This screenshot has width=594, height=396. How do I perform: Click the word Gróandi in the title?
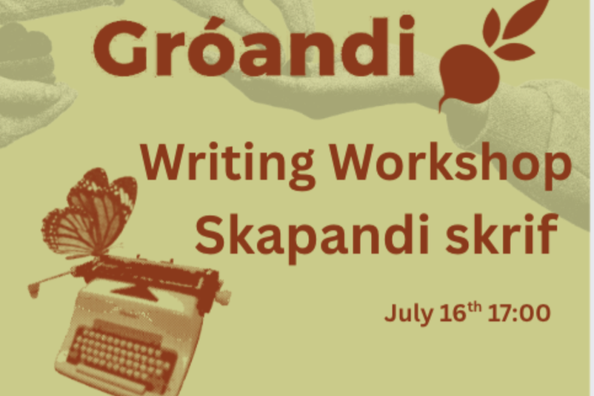(x=254, y=46)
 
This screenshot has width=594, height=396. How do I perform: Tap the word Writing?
(x=228, y=166)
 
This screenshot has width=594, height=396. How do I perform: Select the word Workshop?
(x=450, y=166)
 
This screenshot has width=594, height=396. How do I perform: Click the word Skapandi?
(x=312, y=236)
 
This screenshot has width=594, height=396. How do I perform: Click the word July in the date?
(x=409, y=314)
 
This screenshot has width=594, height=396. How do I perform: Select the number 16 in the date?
(x=452, y=313)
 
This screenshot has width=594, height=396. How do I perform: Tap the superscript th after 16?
(x=474, y=307)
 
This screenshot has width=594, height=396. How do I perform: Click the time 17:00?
(x=519, y=313)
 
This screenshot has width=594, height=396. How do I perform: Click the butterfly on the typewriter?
(x=89, y=215)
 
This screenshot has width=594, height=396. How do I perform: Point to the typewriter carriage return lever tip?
(x=34, y=290)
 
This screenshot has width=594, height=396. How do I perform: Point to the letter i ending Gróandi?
(x=407, y=45)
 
